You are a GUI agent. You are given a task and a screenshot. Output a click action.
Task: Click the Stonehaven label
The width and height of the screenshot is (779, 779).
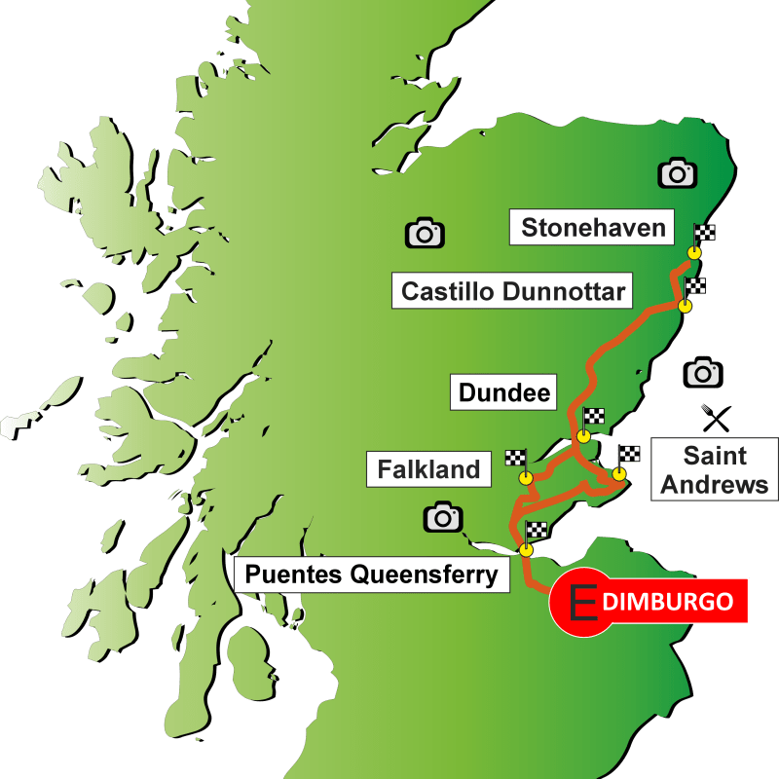(594, 228)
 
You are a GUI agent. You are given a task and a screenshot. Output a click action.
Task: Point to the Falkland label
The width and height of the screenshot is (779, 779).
(429, 469)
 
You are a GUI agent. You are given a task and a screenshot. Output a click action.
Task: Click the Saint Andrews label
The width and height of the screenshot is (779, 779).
(715, 469)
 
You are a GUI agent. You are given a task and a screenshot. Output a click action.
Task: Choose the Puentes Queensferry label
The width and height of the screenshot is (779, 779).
(371, 575)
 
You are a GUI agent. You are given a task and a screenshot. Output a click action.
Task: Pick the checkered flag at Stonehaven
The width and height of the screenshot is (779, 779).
(706, 233)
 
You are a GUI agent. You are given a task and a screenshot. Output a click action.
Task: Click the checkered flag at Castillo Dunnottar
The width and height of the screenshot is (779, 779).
(696, 286)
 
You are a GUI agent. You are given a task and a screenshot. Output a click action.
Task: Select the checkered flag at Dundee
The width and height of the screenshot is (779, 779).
(594, 417)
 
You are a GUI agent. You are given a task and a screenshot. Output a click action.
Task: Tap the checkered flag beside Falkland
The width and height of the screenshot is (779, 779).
(516, 458)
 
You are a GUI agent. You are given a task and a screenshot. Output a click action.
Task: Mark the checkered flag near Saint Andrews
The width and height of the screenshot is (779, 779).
(630, 453)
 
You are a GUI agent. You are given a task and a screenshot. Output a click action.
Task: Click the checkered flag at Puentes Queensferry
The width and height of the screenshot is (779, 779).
(537, 531)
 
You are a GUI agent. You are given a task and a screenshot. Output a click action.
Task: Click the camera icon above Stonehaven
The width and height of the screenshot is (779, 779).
(677, 173)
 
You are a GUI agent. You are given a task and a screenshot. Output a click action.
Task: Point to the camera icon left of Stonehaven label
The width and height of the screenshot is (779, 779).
(425, 233)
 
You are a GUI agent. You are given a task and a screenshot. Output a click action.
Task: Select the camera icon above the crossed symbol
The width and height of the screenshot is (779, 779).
(702, 372)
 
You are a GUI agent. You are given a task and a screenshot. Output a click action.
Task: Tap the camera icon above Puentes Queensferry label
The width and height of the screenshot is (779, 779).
(443, 517)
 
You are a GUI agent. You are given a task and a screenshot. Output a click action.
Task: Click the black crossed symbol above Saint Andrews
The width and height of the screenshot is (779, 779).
(717, 420)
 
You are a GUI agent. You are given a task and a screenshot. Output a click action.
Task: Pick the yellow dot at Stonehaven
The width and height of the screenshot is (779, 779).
(694, 253)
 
